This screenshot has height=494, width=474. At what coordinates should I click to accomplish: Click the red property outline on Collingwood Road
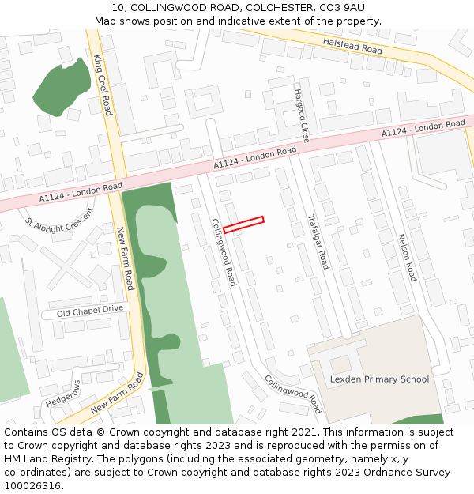[243, 224]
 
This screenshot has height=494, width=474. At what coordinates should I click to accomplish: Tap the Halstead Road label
[352, 45]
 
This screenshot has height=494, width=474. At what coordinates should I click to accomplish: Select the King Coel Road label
[103, 85]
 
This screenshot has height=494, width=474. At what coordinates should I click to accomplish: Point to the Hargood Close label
[301, 115]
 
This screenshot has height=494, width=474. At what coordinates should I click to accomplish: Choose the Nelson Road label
[406, 257]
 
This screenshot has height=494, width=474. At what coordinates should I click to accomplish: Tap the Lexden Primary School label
[379, 379]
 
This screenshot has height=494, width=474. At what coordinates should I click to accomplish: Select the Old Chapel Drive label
[91, 311]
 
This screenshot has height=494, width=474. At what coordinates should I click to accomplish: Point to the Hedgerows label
[63, 394]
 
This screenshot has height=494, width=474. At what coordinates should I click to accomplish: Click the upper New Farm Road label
[126, 258]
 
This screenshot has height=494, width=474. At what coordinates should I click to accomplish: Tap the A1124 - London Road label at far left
[81, 192]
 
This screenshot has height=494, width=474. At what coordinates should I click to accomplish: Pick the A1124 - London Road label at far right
[423, 129]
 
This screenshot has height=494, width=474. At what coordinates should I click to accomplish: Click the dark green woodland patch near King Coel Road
[62, 85]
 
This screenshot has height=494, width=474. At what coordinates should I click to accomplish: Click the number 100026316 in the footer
[32, 485]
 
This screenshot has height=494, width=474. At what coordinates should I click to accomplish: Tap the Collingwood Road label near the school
[293, 394]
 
